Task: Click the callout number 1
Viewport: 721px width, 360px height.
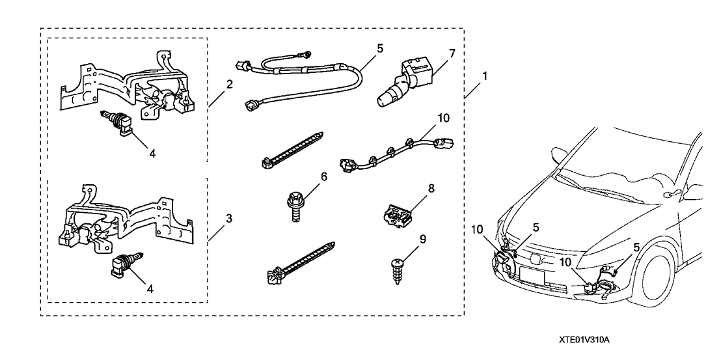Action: pos(484,76)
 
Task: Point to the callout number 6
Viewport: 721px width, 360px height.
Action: pos(324,177)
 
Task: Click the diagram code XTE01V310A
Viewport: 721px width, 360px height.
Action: pos(587,340)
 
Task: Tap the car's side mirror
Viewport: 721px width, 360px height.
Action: pos(670,193)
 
